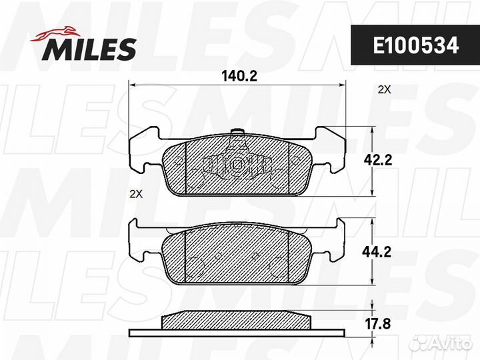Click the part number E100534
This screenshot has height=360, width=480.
[x=416, y=45]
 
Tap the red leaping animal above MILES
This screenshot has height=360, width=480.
[x=55, y=33]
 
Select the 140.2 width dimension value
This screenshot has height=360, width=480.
[x=239, y=76]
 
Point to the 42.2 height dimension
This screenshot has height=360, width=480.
[x=378, y=160]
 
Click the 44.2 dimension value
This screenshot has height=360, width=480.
[x=377, y=252]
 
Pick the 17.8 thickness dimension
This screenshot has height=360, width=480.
[x=378, y=324]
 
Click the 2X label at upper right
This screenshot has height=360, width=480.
[x=385, y=90]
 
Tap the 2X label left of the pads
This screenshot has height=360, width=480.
[x=136, y=194]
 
